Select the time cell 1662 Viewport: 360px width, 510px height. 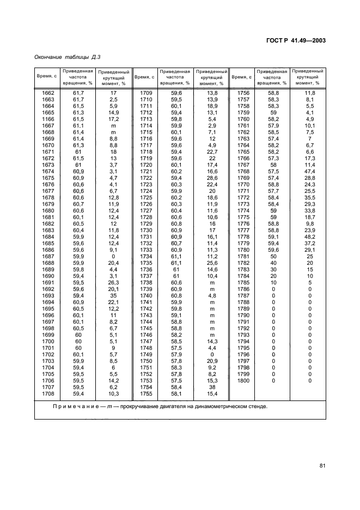click(x=48, y=93)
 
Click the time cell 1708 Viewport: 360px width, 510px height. click(x=48, y=393)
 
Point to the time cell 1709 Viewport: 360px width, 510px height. click(x=145, y=93)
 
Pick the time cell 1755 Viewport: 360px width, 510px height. click(x=145, y=393)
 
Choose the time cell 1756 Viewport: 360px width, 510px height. click(x=243, y=93)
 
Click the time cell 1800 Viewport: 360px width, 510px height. click(x=243, y=380)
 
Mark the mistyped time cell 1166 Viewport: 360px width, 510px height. click(x=48, y=119)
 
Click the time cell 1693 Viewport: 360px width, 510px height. click(x=48, y=295)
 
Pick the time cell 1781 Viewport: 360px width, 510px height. click(x=243, y=256)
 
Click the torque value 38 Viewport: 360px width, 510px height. click(x=212, y=387)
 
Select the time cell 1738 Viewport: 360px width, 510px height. click(x=145, y=282)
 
